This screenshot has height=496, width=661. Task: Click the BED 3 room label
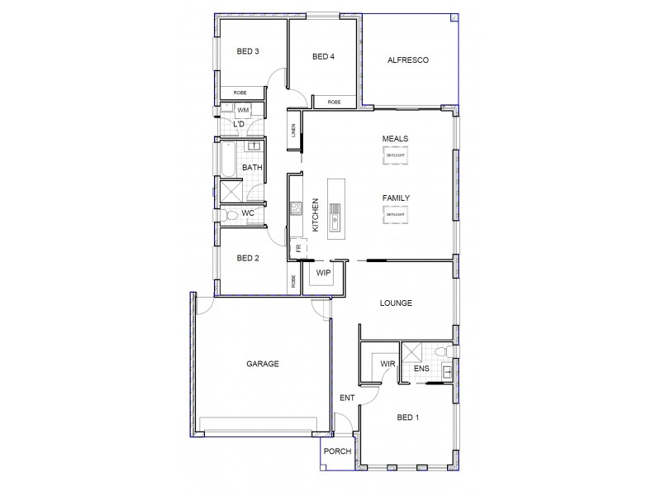pos(248,51)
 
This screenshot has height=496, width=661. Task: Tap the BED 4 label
pos(324,57)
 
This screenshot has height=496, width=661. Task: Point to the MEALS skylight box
pos(395,155)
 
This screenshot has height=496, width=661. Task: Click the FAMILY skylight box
pos(395,215)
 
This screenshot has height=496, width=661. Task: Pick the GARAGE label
pos(263,364)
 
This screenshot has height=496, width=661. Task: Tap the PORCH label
pos(337,451)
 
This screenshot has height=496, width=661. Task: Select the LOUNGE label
pos(396,303)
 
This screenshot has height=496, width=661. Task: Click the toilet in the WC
pos(232,215)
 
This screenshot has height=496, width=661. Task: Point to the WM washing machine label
pos(244,110)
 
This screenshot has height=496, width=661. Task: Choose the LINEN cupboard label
pos(293,132)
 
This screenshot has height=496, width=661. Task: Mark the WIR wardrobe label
pos(387,363)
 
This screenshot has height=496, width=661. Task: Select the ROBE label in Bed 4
pos(334,102)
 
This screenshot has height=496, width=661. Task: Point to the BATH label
pos(252,169)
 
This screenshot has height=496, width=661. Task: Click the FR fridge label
pos(298,246)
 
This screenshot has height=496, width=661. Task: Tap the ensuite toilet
pos(445,355)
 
